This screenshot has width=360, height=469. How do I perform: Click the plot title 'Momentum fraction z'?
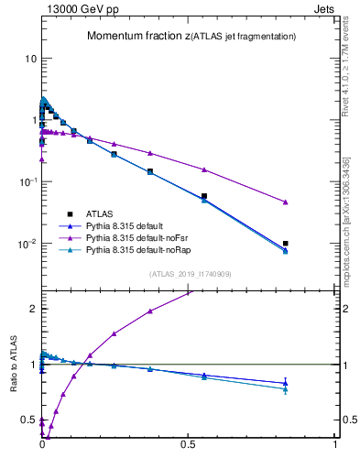coord(137,36)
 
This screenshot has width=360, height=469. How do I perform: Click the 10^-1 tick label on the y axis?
coord(27,181)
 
